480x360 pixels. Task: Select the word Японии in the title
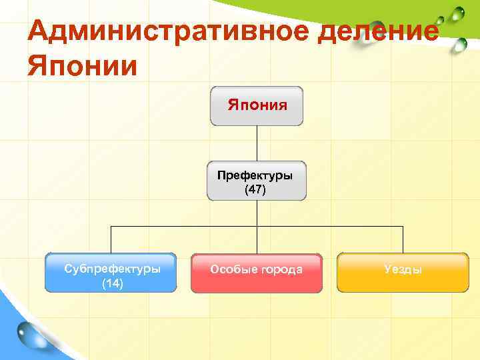[83, 66]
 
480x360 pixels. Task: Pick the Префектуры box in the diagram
[257, 181]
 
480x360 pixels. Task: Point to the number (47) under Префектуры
[255, 189]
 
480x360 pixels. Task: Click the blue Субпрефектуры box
[111, 273]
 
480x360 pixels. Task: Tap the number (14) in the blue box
[112, 283]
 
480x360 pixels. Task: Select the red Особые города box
[257, 273]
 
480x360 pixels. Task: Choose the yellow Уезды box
[403, 273]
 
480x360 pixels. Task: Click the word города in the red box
[279, 269]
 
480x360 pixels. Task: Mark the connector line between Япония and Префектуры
[257, 143]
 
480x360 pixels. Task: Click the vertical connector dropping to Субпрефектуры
[111, 239]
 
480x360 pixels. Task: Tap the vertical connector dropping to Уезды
[403, 239]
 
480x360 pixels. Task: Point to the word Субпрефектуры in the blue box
[112, 269]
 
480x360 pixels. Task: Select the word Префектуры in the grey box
[255, 175]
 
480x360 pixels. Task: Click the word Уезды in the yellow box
[403, 269]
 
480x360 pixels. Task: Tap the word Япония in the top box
[258, 105]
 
